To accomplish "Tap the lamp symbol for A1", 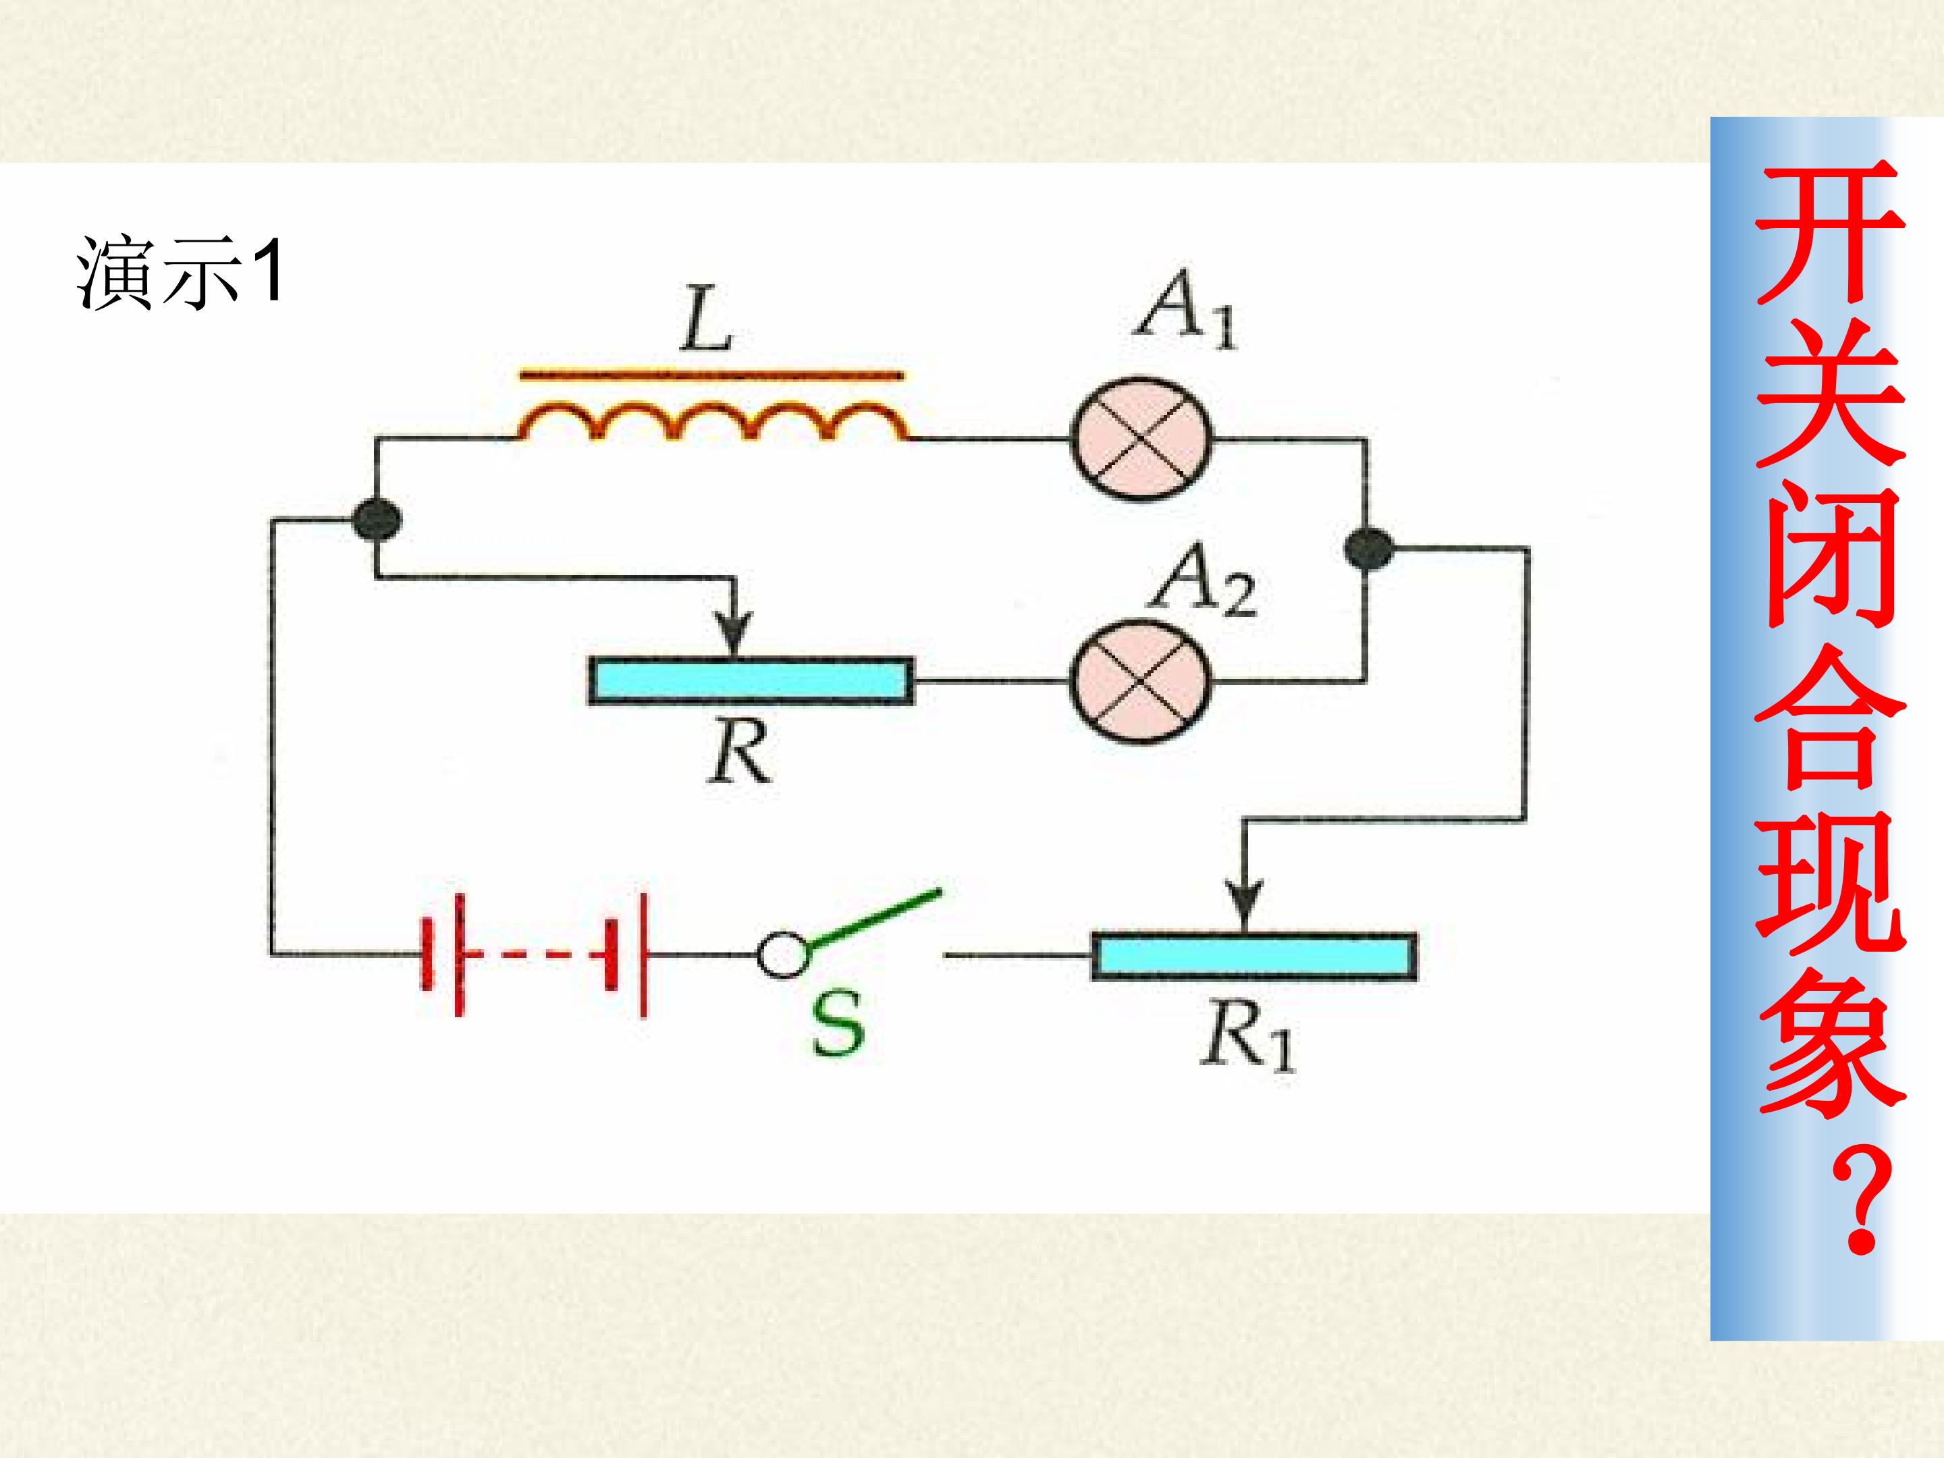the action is (x=1141, y=439).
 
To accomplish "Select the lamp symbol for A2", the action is (x=1141, y=679).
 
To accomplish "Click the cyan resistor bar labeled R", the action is (x=751, y=681).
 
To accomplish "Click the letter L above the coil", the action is (x=707, y=320).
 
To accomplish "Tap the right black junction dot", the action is (x=1368, y=550).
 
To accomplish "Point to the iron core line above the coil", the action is (x=710, y=376).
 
